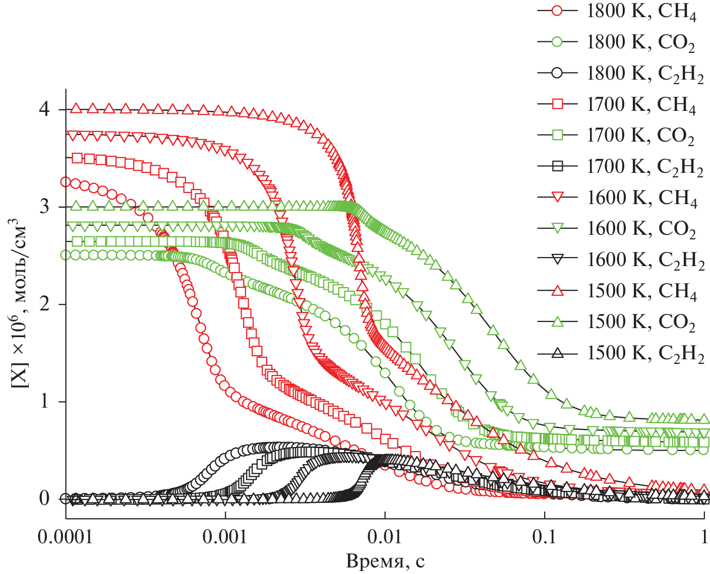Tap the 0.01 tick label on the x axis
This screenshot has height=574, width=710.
coord(385,537)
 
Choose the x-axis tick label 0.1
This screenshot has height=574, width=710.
coord(545,537)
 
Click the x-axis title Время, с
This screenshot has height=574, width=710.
coord(385,561)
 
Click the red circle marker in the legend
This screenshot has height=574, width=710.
coord(557,12)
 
